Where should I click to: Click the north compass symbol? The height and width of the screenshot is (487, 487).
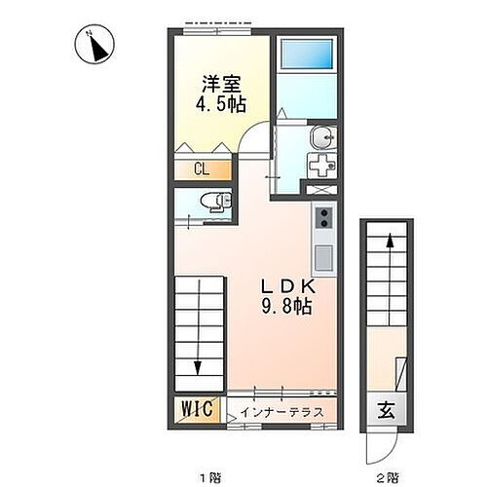tap(96, 44)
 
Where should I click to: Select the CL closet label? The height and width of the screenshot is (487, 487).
tap(202, 169)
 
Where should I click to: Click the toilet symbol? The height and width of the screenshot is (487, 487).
tap(211, 202)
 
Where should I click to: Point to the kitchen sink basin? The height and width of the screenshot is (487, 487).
tap(323, 258)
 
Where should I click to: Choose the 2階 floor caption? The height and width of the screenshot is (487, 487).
tap(387, 478)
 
